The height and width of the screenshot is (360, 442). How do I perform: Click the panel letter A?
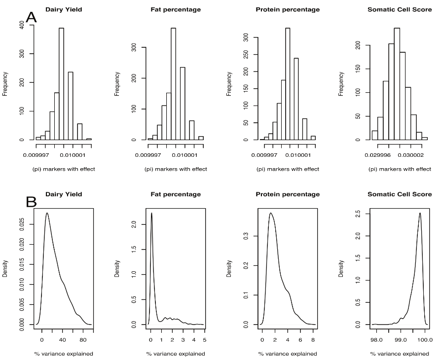31,18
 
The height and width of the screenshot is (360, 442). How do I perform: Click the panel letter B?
31,202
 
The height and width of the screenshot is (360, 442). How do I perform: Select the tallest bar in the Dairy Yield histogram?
62,84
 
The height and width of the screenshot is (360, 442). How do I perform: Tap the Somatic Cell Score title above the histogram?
400,10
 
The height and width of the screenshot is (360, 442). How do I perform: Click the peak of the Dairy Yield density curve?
47,213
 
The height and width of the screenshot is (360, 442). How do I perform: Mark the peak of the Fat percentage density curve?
151,213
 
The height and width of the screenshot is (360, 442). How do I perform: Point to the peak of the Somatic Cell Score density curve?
419,213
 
